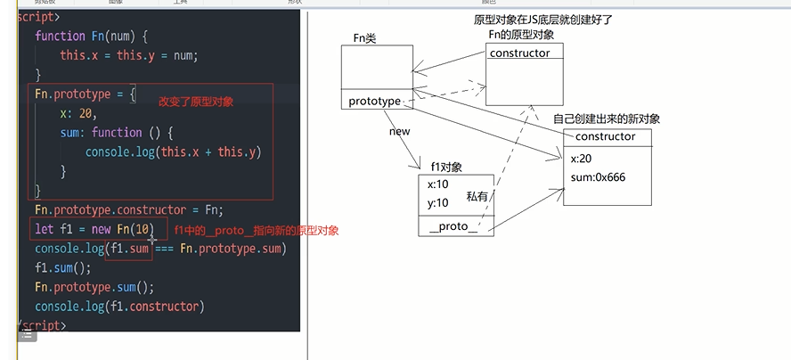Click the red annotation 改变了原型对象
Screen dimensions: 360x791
(x=196, y=102)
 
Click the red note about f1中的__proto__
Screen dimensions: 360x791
(x=255, y=231)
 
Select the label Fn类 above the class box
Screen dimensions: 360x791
(x=366, y=37)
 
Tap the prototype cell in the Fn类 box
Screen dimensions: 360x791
(x=375, y=101)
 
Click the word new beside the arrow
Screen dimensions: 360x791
(x=398, y=132)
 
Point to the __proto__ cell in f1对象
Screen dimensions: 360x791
(x=452, y=227)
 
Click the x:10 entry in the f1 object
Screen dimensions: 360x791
(x=438, y=184)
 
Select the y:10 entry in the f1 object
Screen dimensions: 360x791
(x=438, y=202)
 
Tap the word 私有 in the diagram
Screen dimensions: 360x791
(x=477, y=196)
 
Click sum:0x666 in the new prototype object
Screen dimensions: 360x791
(x=598, y=177)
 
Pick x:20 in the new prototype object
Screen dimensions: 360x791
(x=582, y=158)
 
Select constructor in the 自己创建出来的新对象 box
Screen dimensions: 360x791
(x=605, y=136)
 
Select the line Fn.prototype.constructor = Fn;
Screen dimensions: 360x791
(x=129, y=210)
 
